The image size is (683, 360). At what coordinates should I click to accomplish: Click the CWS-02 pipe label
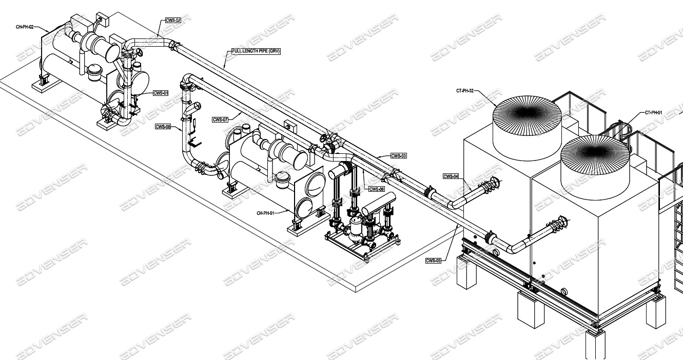click(x=173, y=21)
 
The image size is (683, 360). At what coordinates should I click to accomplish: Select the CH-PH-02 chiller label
click(x=25, y=26)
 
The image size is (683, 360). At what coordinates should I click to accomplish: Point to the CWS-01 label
click(x=161, y=93)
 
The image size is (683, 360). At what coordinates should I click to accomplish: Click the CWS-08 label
click(x=163, y=126)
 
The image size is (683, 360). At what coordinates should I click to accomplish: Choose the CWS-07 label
click(x=220, y=119)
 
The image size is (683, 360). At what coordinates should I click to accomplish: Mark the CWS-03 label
click(x=398, y=155)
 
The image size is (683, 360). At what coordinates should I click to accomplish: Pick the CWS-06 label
click(x=376, y=189)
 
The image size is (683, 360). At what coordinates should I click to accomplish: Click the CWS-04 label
click(x=451, y=176)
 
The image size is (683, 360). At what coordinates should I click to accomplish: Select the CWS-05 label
click(x=433, y=261)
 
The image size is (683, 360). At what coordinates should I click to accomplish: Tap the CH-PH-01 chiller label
click(x=265, y=213)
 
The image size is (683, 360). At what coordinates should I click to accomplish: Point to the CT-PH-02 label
click(x=465, y=91)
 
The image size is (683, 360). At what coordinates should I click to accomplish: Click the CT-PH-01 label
click(x=653, y=112)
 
